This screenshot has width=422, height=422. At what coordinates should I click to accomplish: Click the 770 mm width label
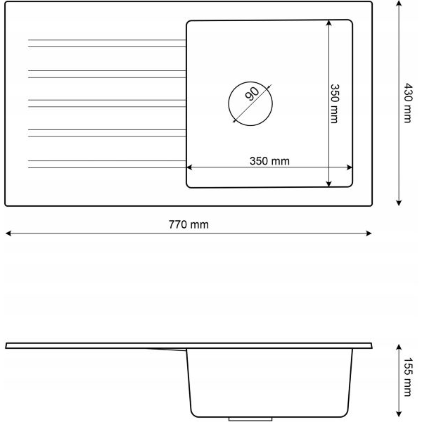188,224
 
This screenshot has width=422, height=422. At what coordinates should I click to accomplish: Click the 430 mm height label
408,103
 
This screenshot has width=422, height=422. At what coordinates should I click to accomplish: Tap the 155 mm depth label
408,377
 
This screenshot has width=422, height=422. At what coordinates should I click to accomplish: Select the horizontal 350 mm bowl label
269,161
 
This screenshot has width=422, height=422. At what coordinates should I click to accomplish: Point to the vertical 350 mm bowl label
334,103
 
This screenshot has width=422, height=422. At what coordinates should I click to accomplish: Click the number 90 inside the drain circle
252,94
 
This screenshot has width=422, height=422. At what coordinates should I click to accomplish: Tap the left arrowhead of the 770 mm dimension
8,233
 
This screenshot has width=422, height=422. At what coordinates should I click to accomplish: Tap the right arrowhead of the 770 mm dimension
369,233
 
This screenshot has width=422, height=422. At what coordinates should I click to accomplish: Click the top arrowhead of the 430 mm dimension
399,4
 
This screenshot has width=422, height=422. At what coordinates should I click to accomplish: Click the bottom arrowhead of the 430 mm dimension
399,203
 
